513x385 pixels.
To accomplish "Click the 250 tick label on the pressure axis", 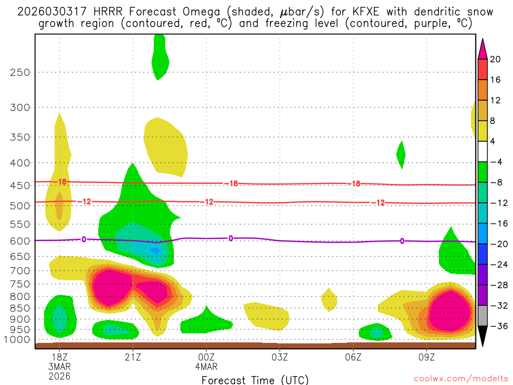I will point(20,72).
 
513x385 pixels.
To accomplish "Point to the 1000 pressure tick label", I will point(18,339).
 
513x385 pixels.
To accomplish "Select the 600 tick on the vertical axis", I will point(20,241).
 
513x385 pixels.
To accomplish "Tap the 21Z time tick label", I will point(133,356).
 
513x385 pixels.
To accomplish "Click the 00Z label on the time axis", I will point(206,356).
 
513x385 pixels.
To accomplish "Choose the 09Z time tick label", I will point(427,356).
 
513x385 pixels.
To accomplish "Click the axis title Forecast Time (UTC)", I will point(255,379).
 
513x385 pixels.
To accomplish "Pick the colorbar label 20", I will point(495,59).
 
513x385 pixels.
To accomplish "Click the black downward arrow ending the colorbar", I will point(482,336).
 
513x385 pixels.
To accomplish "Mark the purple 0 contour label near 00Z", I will point(230,238).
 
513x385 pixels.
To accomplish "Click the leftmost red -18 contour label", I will point(61,182).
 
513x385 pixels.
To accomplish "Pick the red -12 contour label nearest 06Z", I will point(378,203).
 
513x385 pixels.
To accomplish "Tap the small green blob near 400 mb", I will point(401,154).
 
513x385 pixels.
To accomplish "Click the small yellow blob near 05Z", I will point(329,300).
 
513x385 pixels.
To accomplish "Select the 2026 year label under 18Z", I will point(60,376).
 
